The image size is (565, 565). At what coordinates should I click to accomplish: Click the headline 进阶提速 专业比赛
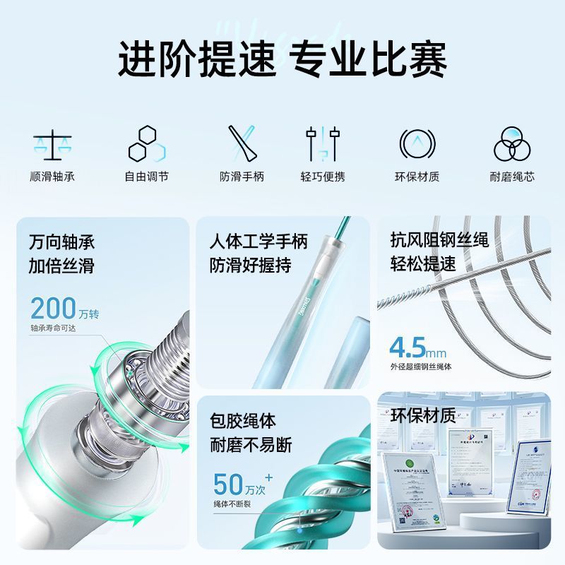tap(282, 59)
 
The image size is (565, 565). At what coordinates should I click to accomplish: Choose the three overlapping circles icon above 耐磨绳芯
tap(511, 144)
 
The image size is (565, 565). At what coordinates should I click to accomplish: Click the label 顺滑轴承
tap(52, 177)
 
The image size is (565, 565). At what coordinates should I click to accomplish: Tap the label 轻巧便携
tap(323, 177)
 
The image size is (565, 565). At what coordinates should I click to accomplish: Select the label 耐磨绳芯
tap(511, 177)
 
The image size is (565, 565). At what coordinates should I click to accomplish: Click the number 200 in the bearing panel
tap(53, 309)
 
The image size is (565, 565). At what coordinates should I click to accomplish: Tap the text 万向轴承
tap(61, 242)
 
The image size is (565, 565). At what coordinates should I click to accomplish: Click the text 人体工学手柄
tap(258, 242)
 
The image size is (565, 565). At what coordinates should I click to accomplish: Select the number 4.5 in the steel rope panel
tap(408, 347)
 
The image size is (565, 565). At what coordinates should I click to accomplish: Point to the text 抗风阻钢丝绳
tap(439, 241)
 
